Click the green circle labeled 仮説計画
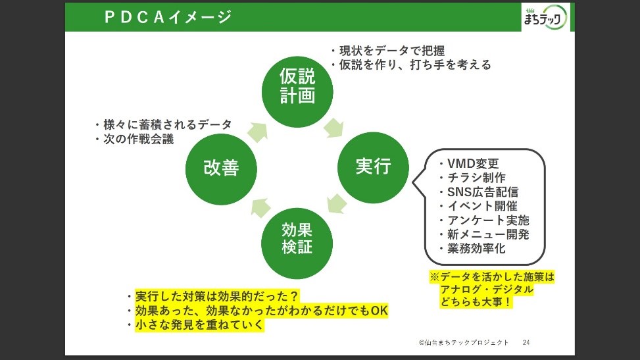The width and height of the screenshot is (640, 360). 297,91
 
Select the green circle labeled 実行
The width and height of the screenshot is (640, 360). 373,167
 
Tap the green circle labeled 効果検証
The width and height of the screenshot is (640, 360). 297,243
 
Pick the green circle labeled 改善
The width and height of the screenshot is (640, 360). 221,169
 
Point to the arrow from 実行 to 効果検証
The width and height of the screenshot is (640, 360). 337,203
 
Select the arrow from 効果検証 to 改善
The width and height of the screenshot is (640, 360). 261,207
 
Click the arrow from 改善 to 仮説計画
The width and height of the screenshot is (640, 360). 258,132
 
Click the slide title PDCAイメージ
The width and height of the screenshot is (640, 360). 168,17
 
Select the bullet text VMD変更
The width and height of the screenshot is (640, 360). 473,163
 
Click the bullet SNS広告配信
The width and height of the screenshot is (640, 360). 483,192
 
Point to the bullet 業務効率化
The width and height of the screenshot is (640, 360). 476,248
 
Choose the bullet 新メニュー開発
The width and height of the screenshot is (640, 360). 488,234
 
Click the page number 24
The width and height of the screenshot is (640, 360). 526,342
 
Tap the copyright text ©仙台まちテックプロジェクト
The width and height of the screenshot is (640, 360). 464,342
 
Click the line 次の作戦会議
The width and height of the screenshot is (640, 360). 138,140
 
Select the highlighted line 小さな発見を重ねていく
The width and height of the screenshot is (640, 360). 199,325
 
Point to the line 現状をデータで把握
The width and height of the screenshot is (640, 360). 392,51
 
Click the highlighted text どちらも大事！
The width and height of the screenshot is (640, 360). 476,302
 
